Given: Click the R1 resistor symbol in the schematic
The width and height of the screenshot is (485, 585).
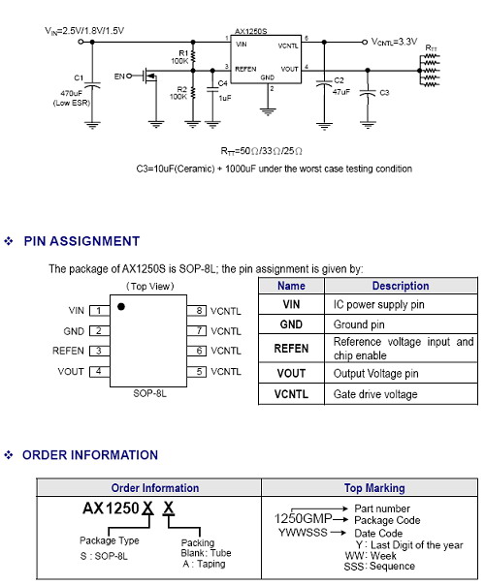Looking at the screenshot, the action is click(x=193, y=57).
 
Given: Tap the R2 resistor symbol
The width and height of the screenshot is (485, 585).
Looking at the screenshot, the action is click(x=193, y=92).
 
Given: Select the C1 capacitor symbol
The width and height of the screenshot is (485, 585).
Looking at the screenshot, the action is click(x=92, y=84).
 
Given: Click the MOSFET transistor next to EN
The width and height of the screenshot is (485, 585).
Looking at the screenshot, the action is click(x=150, y=77).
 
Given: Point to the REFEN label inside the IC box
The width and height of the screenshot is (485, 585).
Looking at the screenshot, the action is click(x=245, y=69).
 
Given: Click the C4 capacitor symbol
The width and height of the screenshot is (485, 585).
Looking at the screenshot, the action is click(x=212, y=89).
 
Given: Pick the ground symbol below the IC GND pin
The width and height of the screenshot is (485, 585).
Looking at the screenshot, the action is click(x=268, y=111).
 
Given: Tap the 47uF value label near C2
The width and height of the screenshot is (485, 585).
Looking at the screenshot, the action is click(x=341, y=92).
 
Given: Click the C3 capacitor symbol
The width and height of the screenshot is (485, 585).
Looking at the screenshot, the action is click(x=368, y=93).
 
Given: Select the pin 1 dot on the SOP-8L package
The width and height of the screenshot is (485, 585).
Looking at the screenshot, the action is click(x=121, y=306).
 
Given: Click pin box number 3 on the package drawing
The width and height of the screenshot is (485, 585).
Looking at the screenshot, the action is click(x=99, y=351).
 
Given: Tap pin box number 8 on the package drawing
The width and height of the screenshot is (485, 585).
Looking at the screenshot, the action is click(x=197, y=310).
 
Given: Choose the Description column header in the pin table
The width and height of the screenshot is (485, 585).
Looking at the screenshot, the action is click(x=401, y=286).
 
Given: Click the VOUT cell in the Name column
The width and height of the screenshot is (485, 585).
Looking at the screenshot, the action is click(x=291, y=373).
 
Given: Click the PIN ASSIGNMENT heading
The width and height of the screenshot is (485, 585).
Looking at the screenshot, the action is click(x=81, y=241).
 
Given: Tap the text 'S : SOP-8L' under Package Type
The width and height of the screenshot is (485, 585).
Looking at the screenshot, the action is click(x=104, y=556).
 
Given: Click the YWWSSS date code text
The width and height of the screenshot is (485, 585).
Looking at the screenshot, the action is click(x=303, y=533).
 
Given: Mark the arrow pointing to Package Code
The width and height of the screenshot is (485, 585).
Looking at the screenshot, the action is click(x=340, y=519).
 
